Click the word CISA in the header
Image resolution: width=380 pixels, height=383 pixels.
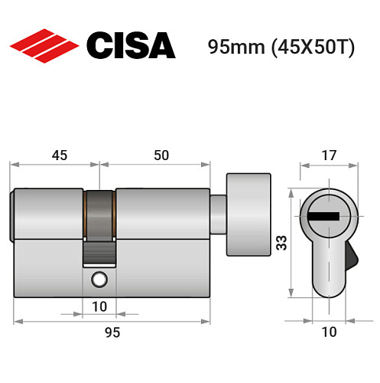coord(131,45)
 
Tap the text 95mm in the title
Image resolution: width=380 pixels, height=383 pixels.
coord(233,46)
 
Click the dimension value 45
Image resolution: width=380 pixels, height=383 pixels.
coord(58,155)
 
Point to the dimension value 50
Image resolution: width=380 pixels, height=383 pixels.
coord(161,155)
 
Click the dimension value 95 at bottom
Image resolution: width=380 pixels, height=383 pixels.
coord(112,332)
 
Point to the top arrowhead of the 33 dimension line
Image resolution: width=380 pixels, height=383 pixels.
coord(291,191)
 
